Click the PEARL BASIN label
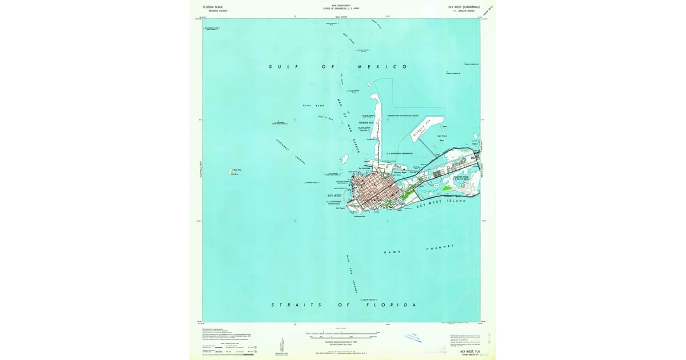pos(314,106)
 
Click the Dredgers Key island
pos(426,129)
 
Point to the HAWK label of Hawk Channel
pos(392,253)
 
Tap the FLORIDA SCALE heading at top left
pos(213,7)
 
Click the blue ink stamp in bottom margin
pos(413,338)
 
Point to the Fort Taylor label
pos(341,209)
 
